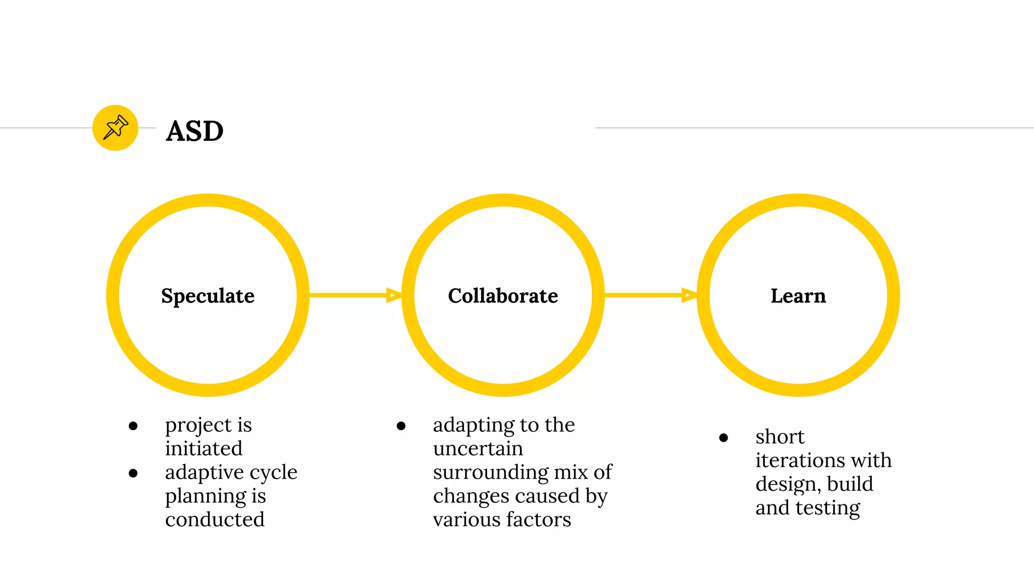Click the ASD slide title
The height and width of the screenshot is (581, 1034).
tap(194, 131)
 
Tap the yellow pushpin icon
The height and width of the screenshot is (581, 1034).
tap(116, 128)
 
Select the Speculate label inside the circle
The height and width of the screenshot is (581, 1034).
tap(208, 296)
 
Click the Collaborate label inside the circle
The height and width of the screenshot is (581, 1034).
tap(503, 296)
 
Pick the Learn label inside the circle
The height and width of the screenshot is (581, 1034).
tap(798, 296)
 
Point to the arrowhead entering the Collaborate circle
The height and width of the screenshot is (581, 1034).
tap(394, 295)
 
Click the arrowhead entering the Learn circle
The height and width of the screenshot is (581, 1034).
tap(689, 295)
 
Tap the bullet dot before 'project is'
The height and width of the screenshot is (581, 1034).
tap(133, 426)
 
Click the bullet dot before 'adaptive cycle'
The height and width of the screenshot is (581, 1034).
tap(133, 473)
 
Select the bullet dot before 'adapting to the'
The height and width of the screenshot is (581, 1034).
tap(401, 426)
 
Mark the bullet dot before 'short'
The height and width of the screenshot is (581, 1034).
tap(723, 438)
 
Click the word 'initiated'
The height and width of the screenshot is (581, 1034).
tap(203, 448)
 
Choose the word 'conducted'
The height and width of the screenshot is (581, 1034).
tap(215, 519)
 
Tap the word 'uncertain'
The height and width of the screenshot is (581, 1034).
tap(478, 448)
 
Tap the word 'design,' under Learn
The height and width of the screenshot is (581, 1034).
tap(788, 484)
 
